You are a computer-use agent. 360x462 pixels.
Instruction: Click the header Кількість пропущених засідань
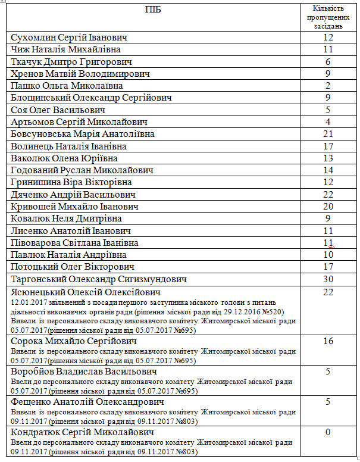click(x=328, y=18)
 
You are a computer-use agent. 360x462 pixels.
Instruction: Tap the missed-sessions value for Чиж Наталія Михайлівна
click(x=328, y=49)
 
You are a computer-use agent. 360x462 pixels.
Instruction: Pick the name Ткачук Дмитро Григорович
click(x=71, y=62)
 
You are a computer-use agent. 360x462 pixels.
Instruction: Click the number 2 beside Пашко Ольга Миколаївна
click(x=328, y=86)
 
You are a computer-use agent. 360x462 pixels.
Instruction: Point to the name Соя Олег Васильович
click(x=58, y=110)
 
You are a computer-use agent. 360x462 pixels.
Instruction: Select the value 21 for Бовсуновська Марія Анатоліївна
click(x=328, y=134)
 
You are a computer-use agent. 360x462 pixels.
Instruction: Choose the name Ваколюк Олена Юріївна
click(x=64, y=158)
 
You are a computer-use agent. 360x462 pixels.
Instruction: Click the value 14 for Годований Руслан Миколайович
click(x=328, y=170)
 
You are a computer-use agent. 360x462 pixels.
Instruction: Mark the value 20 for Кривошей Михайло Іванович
click(x=328, y=206)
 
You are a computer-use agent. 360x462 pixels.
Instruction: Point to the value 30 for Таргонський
click(x=328, y=279)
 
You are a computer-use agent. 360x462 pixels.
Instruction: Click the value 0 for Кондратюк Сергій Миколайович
click(x=328, y=432)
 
